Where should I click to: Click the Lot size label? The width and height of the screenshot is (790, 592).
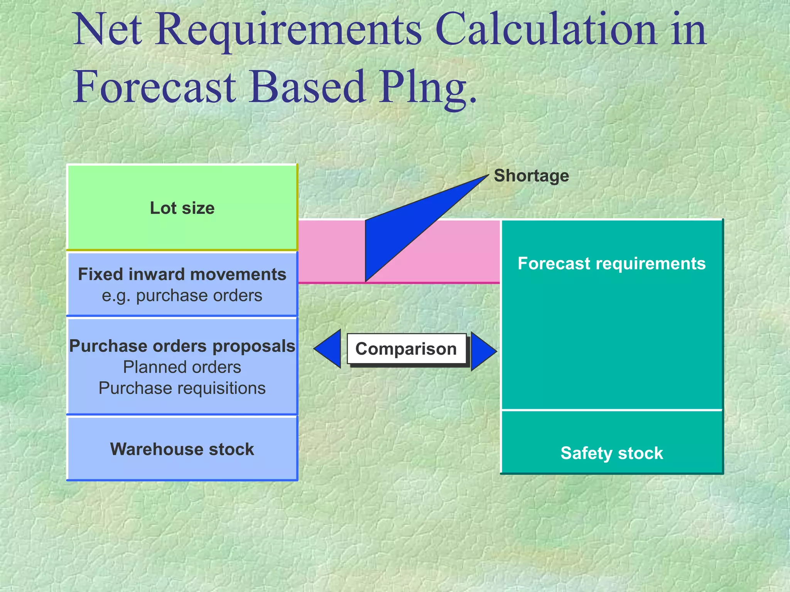coord(182,208)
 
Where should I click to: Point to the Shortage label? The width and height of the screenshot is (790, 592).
coord(531,176)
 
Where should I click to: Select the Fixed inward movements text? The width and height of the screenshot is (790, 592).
coord(182,274)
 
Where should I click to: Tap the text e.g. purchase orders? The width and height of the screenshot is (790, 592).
coord(182,296)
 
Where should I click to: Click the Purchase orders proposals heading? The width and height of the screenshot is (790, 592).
coord(182,346)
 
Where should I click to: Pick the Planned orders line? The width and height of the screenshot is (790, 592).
coord(182,367)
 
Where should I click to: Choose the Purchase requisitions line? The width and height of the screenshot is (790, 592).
coord(182,388)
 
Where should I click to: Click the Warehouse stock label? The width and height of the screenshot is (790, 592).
coord(182,449)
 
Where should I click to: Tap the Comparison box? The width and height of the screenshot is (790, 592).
coord(406,349)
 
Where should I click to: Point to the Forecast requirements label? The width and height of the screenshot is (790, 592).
coord(611,264)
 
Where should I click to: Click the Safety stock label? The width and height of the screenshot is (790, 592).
coord(611,453)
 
